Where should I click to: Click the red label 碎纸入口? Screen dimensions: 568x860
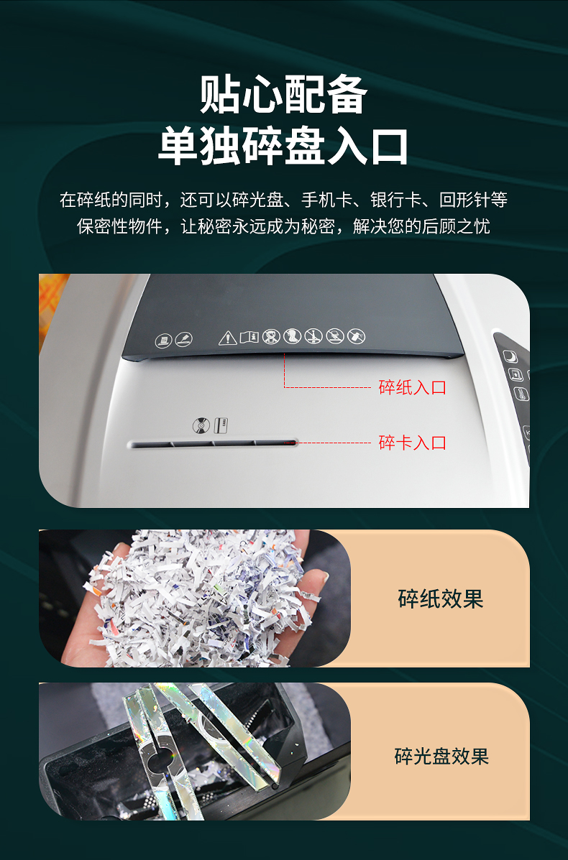click(412, 387)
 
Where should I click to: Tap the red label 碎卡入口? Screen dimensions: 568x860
click(412, 443)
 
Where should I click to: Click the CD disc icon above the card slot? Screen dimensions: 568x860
click(201, 425)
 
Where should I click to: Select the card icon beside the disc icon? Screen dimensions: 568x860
click(221, 425)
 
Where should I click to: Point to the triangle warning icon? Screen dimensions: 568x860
click(228, 338)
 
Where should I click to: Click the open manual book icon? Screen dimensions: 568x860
click(249, 337)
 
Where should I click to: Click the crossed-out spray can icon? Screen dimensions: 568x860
click(356, 335)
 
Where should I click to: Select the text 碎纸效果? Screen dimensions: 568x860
click(441, 598)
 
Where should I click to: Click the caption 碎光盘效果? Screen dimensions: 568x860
click(441, 757)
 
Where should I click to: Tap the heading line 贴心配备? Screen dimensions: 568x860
click(283, 94)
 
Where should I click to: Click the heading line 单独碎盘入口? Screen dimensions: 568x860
click(283, 146)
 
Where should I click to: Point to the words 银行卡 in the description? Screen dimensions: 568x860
click(396, 200)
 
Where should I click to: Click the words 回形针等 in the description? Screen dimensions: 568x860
click(473, 200)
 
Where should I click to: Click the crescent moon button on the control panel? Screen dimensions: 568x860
click(511, 356)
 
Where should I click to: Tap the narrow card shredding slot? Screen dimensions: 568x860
click(213, 444)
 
